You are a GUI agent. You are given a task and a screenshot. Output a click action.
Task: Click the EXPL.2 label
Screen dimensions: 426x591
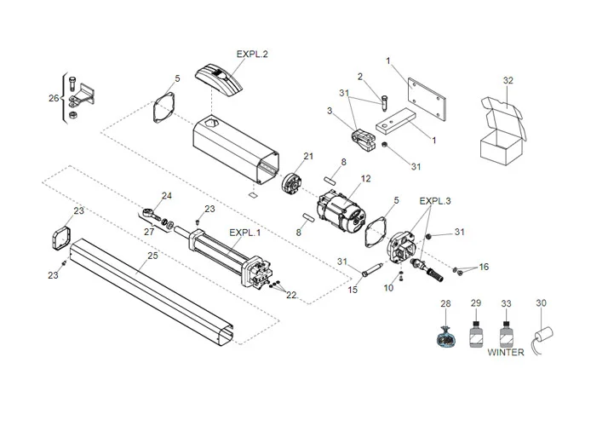pos(227,53)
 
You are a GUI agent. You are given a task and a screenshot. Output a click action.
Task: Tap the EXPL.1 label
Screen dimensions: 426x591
pos(245,232)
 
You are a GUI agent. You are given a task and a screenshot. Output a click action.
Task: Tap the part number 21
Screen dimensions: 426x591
pos(307,155)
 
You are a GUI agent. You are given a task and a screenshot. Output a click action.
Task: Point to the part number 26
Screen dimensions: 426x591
pos(53,98)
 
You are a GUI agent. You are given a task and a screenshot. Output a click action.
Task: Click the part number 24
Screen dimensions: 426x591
pos(166,196)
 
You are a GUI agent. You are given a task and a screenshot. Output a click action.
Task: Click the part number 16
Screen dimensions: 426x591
pos(484,268)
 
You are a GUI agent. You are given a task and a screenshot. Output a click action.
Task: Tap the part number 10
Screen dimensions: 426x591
pos(387,288)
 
